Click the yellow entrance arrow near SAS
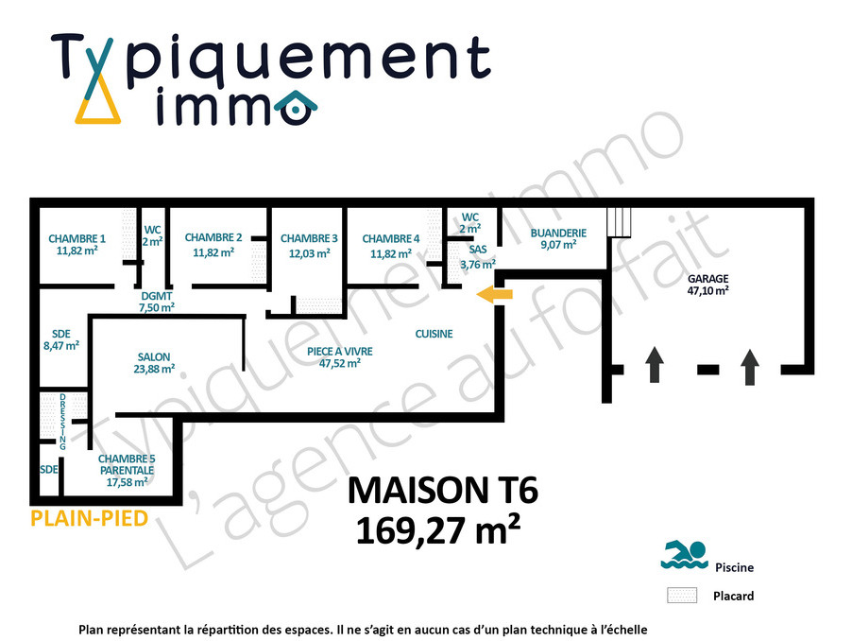point(494,294)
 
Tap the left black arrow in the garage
point(655,364)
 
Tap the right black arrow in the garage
point(750,367)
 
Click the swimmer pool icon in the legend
point(684,555)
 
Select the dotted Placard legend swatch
point(682,596)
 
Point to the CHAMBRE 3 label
point(309,238)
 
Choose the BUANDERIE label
point(558,233)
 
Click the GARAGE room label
point(708,278)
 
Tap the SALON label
point(154,356)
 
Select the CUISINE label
point(435,334)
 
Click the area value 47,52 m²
point(340,364)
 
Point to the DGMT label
point(157,296)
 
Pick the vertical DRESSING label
point(63,422)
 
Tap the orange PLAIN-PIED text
point(89,518)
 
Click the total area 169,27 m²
point(438,530)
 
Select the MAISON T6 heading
point(443,490)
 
